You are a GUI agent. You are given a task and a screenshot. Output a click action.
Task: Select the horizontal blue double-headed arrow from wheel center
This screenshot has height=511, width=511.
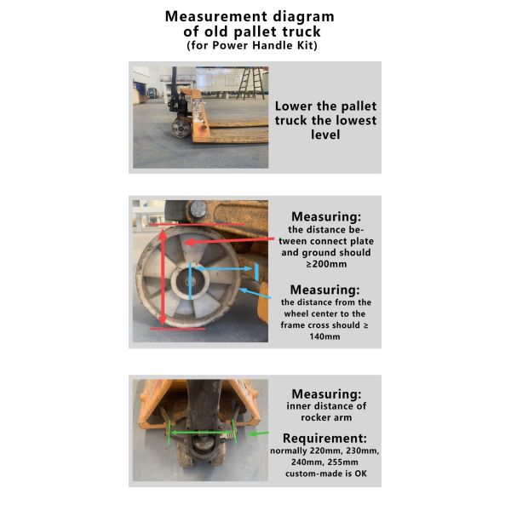[x=224, y=270]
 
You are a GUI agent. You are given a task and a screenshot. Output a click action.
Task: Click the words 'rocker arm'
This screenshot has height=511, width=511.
[x=328, y=418]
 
